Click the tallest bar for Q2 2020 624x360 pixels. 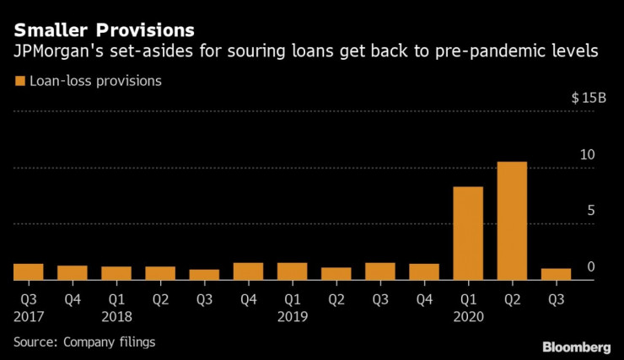click(x=512, y=221)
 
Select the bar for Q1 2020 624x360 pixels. click(x=468, y=234)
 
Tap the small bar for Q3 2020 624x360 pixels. click(x=556, y=274)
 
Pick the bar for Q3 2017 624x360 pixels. click(x=29, y=271)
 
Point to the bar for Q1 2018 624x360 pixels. click(x=116, y=273)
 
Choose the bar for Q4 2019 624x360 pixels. click(x=424, y=271)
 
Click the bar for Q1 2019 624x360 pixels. click(x=293, y=271)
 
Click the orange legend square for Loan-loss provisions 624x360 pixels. click(x=19, y=82)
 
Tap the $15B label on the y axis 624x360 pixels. click(x=588, y=99)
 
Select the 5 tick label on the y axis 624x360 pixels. click(x=591, y=210)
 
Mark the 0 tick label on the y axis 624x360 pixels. click(x=591, y=266)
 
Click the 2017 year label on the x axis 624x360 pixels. click(x=29, y=317)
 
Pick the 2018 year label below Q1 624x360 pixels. click(x=116, y=317)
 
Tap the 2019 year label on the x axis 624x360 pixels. click(x=293, y=317)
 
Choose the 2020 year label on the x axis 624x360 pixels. click(x=468, y=317)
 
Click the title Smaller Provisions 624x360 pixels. click(x=103, y=30)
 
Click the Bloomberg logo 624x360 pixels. click(x=576, y=347)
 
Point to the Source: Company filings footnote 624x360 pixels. click(x=84, y=341)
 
